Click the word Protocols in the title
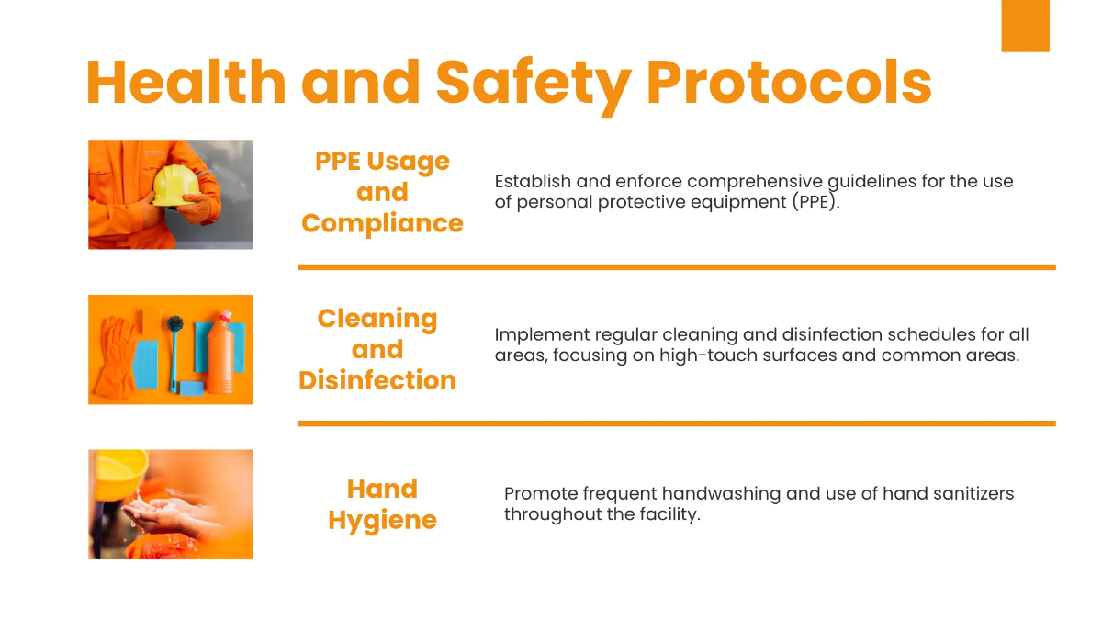(x=789, y=82)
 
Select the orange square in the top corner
(x=1025, y=26)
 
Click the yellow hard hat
(x=172, y=185)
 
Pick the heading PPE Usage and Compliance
(x=382, y=192)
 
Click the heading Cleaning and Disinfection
(x=377, y=349)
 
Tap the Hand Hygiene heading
(x=382, y=504)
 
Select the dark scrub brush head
(x=174, y=324)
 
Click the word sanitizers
(x=969, y=493)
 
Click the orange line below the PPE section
(x=676, y=267)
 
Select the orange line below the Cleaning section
(x=676, y=423)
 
